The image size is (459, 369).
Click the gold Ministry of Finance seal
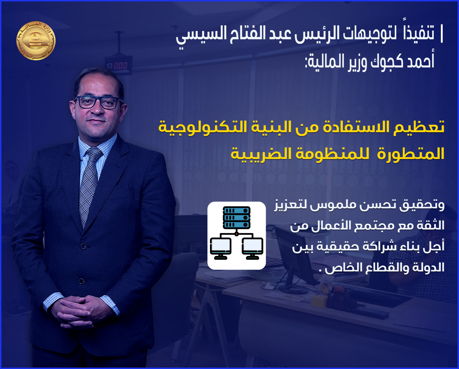36,41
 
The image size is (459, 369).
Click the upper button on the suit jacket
83,246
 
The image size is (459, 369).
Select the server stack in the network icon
236,217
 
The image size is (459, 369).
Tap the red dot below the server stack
236,234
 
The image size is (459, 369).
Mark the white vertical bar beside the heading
442,34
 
